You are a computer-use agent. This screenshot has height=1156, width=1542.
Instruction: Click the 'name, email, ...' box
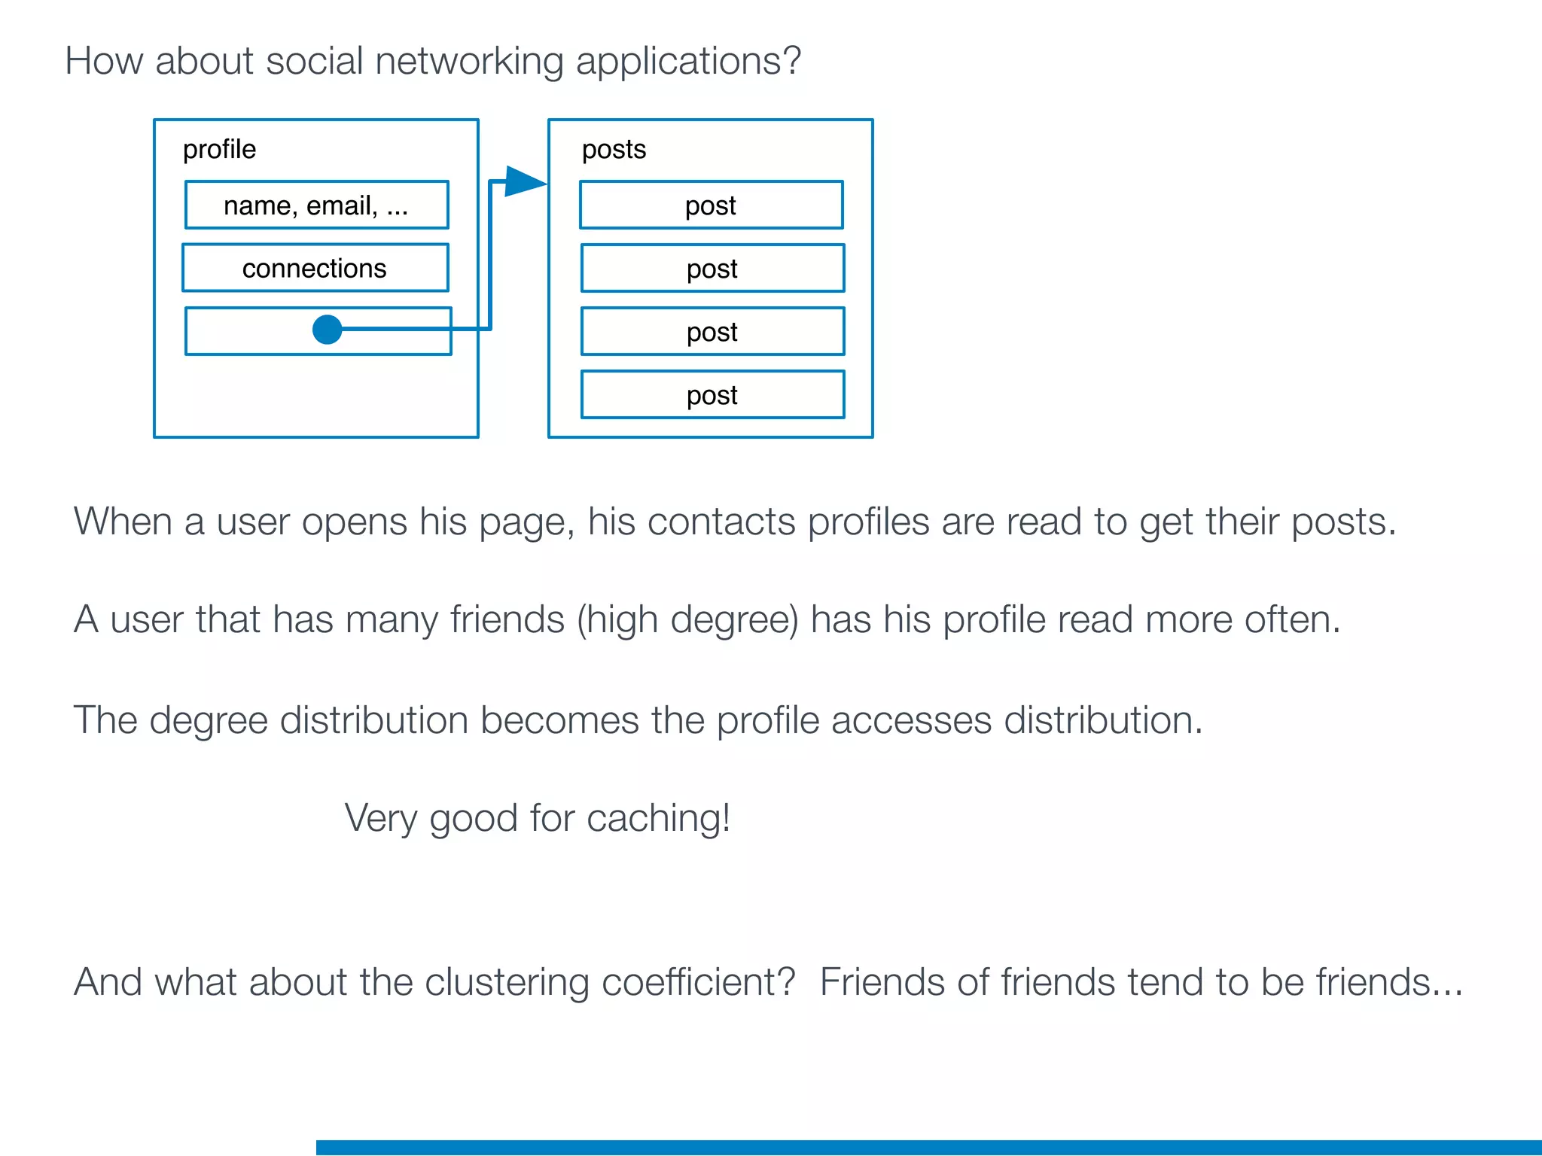pos(316,205)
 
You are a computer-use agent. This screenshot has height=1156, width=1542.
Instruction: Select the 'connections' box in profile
pos(315,268)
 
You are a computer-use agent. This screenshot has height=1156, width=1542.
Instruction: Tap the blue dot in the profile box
pos(327,330)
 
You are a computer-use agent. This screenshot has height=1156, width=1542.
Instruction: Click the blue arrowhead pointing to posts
pos(525,182)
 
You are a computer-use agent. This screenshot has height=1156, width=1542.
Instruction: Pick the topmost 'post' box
pos(711,205)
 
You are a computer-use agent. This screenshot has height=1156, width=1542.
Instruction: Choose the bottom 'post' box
pos(712,395)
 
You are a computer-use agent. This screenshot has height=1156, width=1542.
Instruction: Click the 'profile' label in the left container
pos(219,150)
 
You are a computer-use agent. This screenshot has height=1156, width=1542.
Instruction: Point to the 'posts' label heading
pos(614,150)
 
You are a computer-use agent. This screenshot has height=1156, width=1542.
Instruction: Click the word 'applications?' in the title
pos(688,62)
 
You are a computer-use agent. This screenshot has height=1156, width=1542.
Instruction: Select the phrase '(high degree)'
pos(687,621)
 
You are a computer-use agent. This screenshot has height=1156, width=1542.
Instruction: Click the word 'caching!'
pos(658,819)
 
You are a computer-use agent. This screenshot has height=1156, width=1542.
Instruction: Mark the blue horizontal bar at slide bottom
pos(928,1147)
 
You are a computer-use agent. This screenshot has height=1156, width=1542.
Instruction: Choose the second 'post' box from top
pos(712,269)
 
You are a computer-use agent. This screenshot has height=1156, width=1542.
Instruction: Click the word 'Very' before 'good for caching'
pos(380,819)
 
